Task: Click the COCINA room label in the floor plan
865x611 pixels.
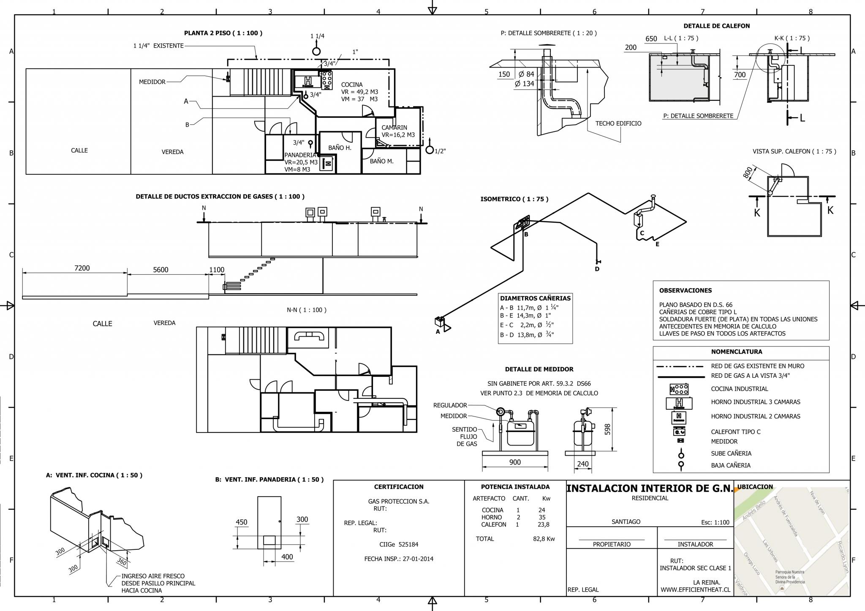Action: (x=352, y=85)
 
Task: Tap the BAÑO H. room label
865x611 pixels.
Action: (x=340, y=148)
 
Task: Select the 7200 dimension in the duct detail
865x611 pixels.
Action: (x=82, y=268)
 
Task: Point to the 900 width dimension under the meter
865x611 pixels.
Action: (x=515, y=462)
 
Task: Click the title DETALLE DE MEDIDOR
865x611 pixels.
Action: (x=539, y=369)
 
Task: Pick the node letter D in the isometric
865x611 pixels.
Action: (x=597, y=269)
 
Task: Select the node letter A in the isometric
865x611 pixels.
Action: (x=438, y=332)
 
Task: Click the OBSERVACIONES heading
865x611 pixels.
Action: (x=685, y=290)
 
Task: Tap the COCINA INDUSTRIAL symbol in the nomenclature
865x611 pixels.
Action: (x=679, y=389)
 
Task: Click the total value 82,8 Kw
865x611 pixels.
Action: (x=544, y=539)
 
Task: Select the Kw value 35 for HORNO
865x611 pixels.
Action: (x=542, y=517)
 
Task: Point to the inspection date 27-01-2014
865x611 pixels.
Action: (x=418, y=559)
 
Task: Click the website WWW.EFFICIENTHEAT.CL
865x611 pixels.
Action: (x=695, y=590)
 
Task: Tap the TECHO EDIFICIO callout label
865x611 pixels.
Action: (x=618, y=124)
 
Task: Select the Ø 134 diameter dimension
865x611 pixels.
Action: (x=525, y=84)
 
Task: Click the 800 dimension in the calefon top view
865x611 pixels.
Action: (x=748, y=173)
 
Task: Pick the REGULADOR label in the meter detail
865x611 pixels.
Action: (x=450, y=405)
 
